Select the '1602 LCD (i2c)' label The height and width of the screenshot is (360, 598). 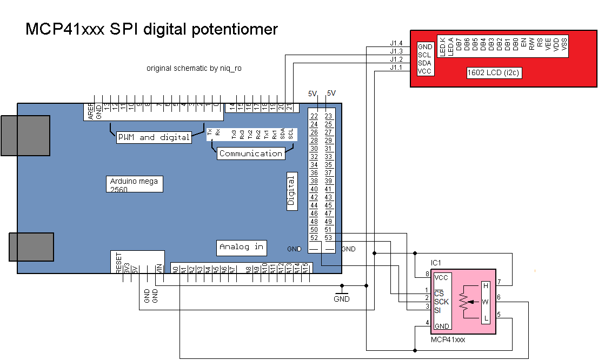[494, 73]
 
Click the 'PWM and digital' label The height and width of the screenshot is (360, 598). [154, 137]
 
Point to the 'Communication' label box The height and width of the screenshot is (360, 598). [251, 154]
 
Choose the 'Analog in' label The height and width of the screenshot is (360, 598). [241, 247]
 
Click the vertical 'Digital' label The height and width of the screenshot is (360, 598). [291, 192]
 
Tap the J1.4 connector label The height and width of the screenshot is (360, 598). [396, 43]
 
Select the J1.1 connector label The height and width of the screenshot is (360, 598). [396, 68]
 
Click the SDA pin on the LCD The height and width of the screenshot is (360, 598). [424, 63]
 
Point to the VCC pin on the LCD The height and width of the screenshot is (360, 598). [424, 71]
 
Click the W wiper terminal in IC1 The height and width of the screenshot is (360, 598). [486, 302]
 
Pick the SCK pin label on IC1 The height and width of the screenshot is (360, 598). [441, 302]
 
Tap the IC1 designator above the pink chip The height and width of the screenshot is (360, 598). [437, 262]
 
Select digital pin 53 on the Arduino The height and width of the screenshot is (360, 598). [328, 238]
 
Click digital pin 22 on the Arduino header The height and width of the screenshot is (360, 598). [314, 116]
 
